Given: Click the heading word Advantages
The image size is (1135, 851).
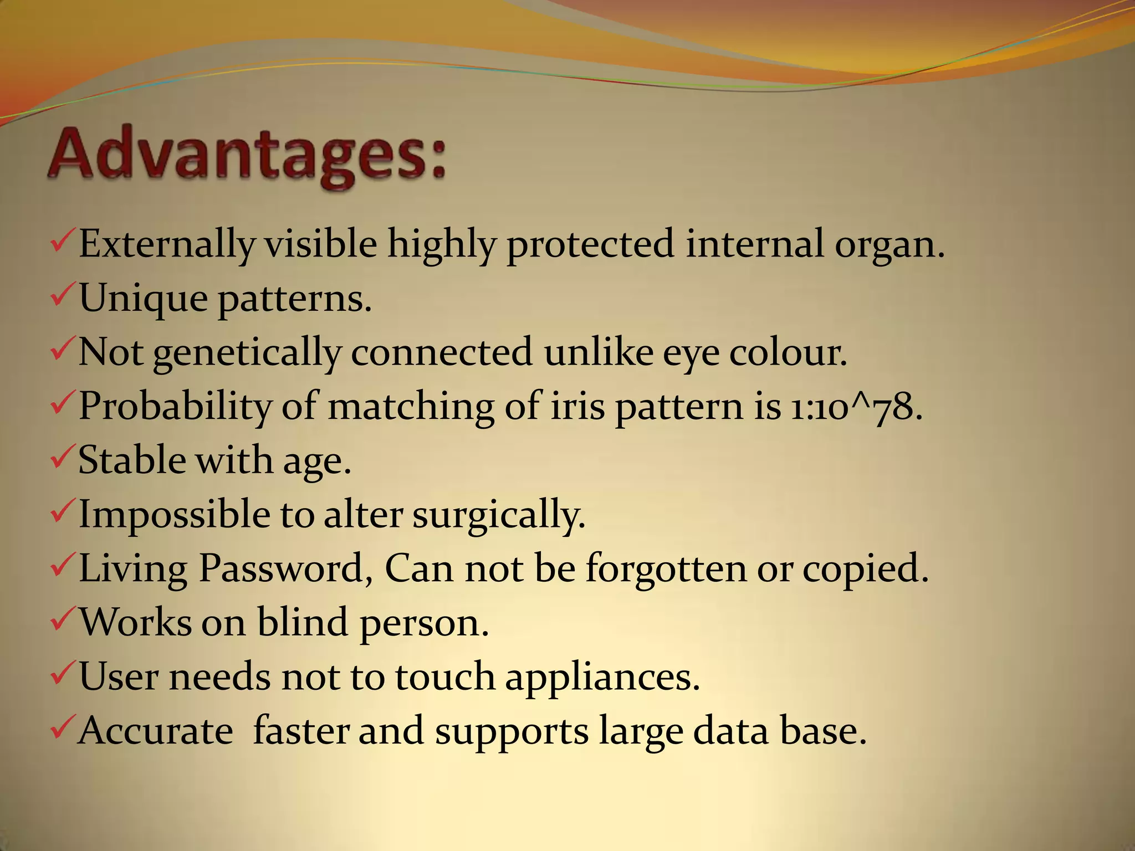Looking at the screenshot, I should click(247, 155).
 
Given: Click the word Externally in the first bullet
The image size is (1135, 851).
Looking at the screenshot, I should click(166, 244).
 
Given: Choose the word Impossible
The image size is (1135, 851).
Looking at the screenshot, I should click(174, 515).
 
